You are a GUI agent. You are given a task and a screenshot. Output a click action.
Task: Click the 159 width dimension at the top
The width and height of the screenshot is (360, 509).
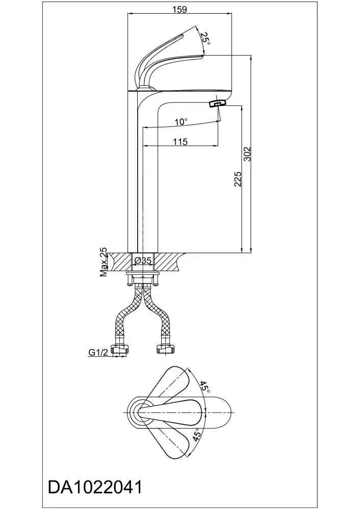179,9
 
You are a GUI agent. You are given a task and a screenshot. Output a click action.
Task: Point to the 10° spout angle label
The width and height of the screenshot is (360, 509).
182,122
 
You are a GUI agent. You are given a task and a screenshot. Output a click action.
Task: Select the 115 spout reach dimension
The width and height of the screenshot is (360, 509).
181,142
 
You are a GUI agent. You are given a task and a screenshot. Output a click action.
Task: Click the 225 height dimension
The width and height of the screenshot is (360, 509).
238,179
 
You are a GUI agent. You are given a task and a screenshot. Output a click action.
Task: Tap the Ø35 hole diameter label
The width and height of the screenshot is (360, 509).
142,260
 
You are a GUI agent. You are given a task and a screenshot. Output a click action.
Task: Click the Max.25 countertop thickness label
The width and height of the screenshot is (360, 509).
104,262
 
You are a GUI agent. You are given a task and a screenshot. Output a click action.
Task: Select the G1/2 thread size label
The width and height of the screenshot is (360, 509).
98,353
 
